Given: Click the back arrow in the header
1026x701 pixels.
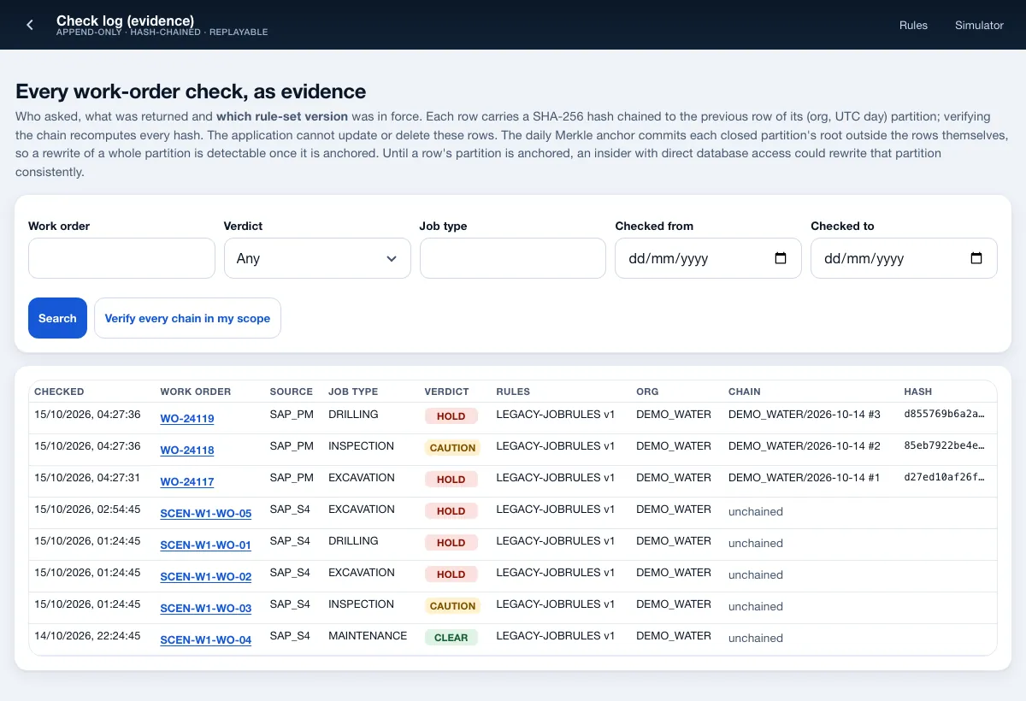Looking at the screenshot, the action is (x=30, y=25).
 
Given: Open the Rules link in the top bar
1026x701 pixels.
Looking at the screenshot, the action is (x=913, y=25).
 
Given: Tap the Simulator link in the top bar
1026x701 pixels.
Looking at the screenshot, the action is (x=979, y=25).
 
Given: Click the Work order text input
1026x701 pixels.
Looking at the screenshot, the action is (x=121, y=258).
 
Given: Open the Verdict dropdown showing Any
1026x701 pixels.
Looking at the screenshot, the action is (x=317, y=258).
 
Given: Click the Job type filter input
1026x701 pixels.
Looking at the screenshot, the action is (x=512, y=258).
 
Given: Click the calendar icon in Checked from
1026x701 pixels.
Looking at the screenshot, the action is (x=780, y=258).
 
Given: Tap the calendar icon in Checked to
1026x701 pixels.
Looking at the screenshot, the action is (x=976, y=258).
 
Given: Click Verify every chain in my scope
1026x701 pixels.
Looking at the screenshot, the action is (x=187, y=318).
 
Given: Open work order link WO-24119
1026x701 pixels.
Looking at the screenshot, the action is (x=187, y=419).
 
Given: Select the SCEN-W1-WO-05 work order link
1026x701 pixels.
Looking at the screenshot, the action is (x=206, y=513).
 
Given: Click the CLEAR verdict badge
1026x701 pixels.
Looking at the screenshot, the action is (x=451, y=638).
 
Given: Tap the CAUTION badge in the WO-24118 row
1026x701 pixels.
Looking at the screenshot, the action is (x=452, y=448).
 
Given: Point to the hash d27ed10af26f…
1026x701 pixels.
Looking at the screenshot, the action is (x=944, y=477).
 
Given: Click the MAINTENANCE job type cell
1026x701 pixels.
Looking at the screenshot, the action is (x=368, y=635).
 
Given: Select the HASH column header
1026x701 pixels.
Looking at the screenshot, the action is (x=917, y=392).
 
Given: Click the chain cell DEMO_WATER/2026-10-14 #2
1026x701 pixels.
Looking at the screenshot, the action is (x=804, y=445).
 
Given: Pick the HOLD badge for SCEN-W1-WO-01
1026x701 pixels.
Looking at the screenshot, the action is (x=451, y=543).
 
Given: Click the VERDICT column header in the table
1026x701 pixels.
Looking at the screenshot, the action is (x=446, y=392).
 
